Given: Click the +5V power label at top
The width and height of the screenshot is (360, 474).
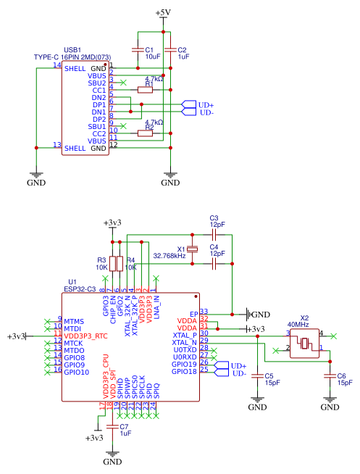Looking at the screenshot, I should (x=163, y=13).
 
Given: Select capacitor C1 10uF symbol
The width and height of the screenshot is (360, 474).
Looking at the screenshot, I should (x=138, y=50).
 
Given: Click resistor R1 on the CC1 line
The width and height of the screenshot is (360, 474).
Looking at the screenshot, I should (x=145, y=90).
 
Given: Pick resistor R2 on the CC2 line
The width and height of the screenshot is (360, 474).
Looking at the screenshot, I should (x=145, y=133).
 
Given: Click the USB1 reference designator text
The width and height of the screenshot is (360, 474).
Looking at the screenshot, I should (x=72, y=50).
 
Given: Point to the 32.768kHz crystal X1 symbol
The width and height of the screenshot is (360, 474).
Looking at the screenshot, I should (x=191, y=250).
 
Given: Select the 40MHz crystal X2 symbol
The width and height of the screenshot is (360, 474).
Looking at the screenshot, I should (x=305, y=343).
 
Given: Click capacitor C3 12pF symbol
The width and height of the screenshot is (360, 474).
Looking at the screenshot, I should (x=214, y=235).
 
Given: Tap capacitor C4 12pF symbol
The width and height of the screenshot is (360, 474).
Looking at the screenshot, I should (x=214, y=265).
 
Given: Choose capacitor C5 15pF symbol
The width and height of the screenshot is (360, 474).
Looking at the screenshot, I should (x=257, y=375).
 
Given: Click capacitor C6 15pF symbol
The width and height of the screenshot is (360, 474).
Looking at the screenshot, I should (x=330, y=375).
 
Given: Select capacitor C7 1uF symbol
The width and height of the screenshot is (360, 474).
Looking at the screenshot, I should (x=112, y=428).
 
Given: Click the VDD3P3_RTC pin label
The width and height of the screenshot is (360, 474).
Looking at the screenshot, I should (x=85, y=336).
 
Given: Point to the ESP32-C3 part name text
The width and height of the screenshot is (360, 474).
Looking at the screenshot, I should (x=83, y=288).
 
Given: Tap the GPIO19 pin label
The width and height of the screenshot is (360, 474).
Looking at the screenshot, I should (x=184, y=364).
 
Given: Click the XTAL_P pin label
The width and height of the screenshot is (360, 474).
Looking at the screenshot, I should (x=185, y=335).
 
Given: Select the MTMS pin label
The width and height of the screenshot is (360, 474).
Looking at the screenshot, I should (x=75, y=321).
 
